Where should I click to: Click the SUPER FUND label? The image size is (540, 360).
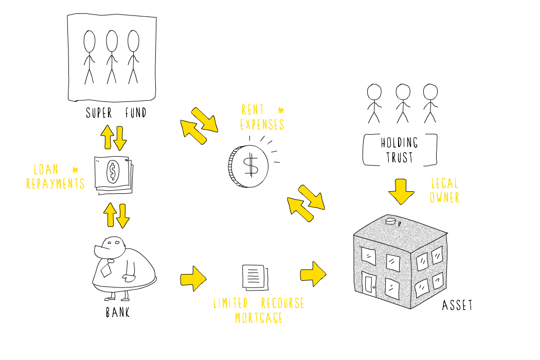(x=116, y=113)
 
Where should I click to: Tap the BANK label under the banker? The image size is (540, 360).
(x=118, y=313)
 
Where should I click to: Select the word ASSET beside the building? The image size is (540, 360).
(x=457, y=305)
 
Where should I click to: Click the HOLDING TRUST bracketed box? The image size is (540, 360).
(x=364, y=150)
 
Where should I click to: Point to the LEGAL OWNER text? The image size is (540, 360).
(x=445, y=190)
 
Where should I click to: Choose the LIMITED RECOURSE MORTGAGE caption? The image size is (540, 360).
(x=259, y=311)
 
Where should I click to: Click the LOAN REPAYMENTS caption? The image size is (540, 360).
(x=56, y=176)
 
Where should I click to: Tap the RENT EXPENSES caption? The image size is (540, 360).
(x=262, y=117)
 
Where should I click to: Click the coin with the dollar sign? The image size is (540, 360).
(x=248, y=167)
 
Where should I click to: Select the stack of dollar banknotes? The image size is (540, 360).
(x=113, y=175)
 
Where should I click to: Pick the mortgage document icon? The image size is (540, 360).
(x=255, y=277)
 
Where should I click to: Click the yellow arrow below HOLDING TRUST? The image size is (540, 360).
(x=401, y=191)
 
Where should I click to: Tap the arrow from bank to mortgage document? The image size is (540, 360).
(x=193, y=278)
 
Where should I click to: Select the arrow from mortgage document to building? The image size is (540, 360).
(x=313, y=274)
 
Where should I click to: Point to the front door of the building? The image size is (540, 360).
(x=370, y=285)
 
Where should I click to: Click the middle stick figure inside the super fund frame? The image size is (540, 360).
(x=112, y=57)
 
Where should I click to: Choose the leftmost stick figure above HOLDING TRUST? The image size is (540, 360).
(x=374, y=104)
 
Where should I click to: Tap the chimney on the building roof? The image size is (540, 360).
(x=390, y=221)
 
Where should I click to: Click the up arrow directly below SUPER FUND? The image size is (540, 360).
(x=107, y=137)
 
